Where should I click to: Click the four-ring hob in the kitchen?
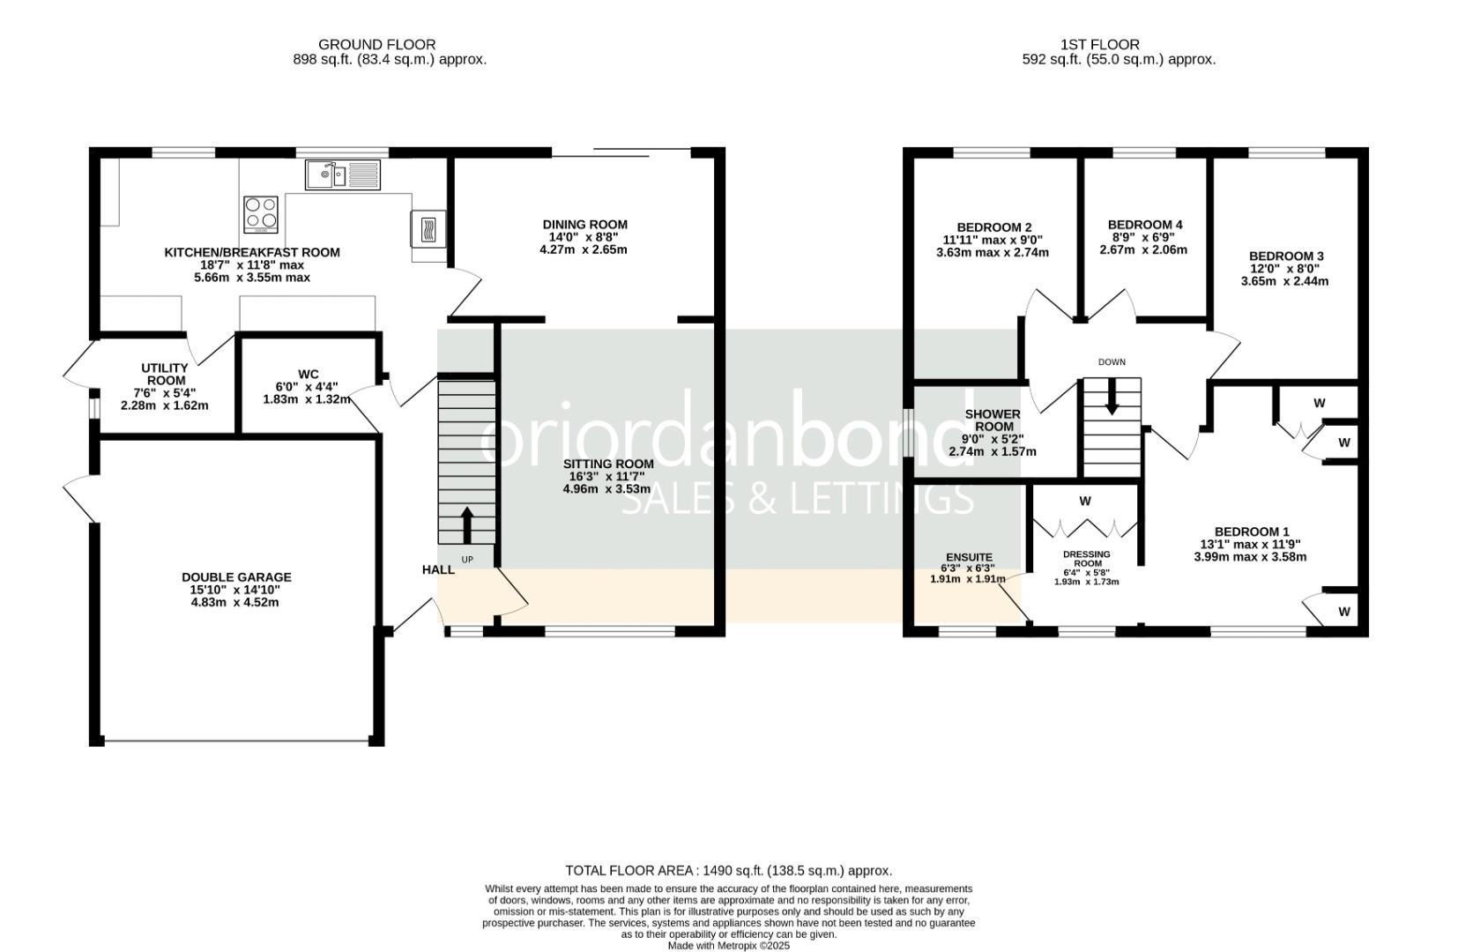click(x=261, y=214)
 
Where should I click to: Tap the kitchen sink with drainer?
click(x=343, y=175)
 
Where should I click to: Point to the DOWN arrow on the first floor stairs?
click(x=1112, y=397)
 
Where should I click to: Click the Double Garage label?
click(x=236, y=577)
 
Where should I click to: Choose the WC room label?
click(x=308, y=374)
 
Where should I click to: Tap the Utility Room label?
click(x=165, y=374)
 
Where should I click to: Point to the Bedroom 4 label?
click(x=1144, y=225)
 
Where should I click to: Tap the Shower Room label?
click(x=993, y=420)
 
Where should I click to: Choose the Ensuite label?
click(x=969, y=557)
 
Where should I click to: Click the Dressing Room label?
click(x=1086, y=559)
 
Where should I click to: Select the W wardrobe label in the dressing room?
click(x=1085, y=501)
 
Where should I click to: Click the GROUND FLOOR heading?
click(x=376, y=44)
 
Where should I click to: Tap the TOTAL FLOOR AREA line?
click(x=728, y=870)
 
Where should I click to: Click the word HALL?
click(x=438, y=569)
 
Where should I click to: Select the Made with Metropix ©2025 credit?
click(x=728, y=946)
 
